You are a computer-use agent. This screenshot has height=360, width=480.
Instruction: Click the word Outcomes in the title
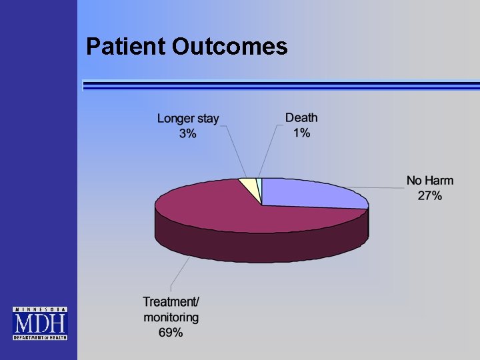click(229, 46)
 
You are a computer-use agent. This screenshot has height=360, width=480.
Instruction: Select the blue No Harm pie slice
click(313, 194)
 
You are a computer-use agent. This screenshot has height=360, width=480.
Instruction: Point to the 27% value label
click(430, 195)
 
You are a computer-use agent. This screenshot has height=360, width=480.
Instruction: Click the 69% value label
click(171, 332)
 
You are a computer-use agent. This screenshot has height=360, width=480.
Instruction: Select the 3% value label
click(187, 133)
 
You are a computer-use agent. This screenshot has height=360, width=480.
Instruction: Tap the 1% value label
click(301, 132)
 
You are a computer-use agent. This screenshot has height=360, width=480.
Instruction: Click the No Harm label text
click(430, 181)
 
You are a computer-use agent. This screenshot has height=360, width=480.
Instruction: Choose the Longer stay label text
click(187, 119)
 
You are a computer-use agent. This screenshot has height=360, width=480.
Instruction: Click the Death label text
click(301, 117)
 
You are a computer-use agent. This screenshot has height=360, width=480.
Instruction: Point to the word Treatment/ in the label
click(171, 303)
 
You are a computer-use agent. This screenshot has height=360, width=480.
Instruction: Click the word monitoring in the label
click(171, 317)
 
